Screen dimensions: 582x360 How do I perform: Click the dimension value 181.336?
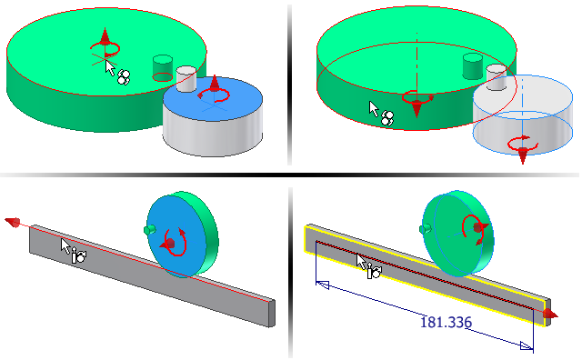(446, 322)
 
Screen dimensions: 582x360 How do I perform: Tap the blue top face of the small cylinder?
(213, 98)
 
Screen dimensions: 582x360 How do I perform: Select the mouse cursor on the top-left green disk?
(110, 68)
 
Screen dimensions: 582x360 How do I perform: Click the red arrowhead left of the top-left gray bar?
(12, 222)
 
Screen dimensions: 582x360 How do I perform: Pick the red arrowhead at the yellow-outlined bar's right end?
(550, 315)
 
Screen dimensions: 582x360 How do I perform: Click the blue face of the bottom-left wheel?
(176, 236)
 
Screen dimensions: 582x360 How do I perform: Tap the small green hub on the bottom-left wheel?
(149, 230)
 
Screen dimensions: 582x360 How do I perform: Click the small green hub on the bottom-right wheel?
(425, 229)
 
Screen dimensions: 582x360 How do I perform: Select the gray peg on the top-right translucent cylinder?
(497, 76)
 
